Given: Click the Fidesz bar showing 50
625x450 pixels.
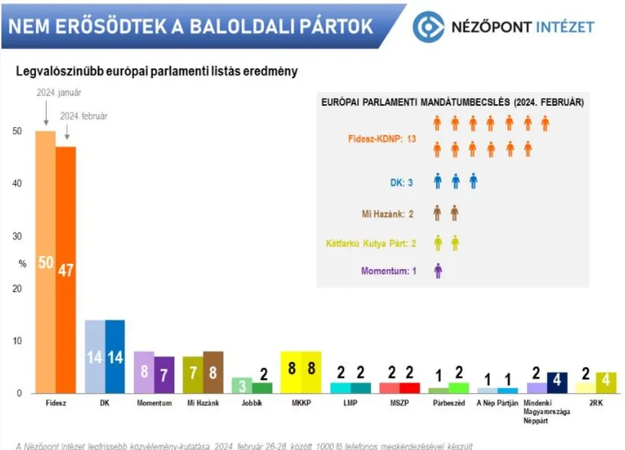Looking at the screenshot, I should tap(45, 261).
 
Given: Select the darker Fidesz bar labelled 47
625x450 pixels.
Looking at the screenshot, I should tap(65, 269).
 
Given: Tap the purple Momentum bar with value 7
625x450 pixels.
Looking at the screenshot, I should tap(164, 375).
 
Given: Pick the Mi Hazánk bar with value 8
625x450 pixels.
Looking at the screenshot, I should tap(213, 373).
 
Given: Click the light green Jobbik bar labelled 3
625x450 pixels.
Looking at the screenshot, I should tap(242, 385).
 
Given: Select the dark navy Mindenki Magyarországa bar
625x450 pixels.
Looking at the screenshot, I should tap(557, 383).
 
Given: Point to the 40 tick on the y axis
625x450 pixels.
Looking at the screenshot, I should tap(18, 184).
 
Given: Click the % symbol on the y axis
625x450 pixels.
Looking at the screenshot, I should tap(22, 264).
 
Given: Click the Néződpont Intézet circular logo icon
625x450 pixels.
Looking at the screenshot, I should tap(428, 27).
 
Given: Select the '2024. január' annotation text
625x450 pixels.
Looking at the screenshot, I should tap(59, 92).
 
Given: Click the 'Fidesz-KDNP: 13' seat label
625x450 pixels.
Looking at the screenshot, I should tap(381, 139).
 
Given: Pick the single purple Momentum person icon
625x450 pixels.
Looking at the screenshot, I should tap(438, 271).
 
